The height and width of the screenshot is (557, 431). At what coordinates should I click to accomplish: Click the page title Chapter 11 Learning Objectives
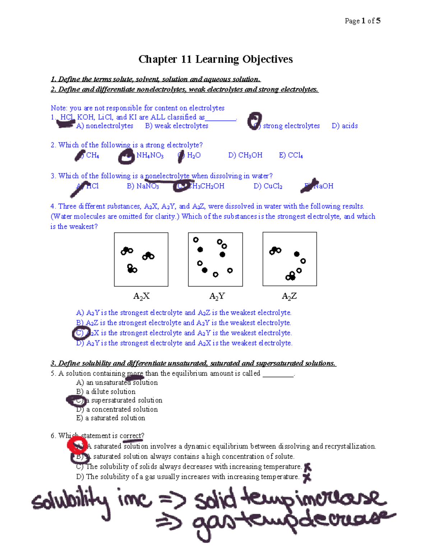215,59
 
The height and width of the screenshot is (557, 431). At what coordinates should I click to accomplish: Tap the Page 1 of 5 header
362,21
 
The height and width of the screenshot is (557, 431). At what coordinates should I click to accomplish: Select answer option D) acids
345,126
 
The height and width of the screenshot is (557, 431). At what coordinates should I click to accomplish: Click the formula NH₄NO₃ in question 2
150,155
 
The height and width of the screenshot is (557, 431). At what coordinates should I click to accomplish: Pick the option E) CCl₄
291,155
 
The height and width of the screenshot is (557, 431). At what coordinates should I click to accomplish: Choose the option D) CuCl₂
268,186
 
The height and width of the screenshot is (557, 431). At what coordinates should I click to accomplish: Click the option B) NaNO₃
143,186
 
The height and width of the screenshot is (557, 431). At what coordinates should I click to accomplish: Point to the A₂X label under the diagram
141,296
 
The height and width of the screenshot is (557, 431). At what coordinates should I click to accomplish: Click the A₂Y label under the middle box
217,296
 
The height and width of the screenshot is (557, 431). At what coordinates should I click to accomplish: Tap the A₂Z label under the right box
289,296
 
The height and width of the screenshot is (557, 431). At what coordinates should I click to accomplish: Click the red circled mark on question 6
77,446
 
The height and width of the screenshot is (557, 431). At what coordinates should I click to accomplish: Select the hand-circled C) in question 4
80,333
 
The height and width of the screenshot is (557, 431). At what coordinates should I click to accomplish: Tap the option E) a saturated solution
111,418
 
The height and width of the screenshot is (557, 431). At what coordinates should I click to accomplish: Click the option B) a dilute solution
106,392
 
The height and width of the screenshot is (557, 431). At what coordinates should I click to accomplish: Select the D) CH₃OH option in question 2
245,155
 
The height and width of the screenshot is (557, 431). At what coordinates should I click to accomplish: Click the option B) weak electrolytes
177,126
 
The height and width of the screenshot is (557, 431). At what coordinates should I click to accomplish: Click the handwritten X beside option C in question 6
307,467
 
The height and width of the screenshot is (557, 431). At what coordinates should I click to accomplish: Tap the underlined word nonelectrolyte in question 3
167,176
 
